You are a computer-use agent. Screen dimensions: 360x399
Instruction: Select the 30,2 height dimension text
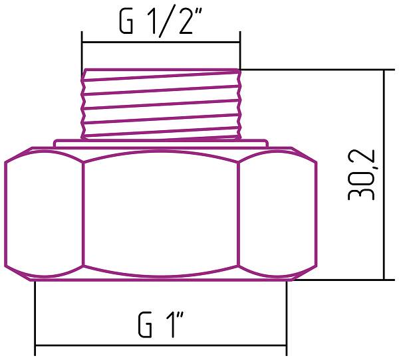tap(362, 173)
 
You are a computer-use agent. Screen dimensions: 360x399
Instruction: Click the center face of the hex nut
tap(160, 216)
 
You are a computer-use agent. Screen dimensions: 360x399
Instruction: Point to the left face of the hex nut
tap(45, 216)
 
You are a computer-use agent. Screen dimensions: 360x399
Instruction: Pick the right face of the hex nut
tap(276, 216)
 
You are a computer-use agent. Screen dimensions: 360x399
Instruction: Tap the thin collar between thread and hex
tap(160, 142)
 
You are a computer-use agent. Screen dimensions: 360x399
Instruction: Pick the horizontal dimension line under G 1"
tap(160, 345)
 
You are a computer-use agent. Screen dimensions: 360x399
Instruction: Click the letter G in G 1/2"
tap(126, 23)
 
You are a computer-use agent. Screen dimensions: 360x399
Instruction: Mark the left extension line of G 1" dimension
tap(35, 315)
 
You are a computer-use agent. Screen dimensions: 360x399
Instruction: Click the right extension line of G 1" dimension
tap(287, 315)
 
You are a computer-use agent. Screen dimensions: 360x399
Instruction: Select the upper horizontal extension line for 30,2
tap(313, 69)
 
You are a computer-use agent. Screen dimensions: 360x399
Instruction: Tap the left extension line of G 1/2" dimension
tap(82, 50)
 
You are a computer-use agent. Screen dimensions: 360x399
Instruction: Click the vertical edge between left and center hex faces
tap(83, 216)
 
